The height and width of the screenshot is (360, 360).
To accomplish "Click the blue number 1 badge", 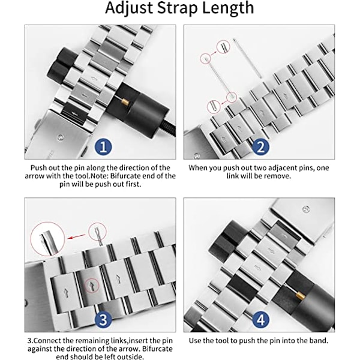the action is tap(103, 147).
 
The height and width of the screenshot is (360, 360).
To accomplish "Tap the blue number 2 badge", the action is tap(260, 147).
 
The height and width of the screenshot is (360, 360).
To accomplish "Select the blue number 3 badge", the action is tap(103, 319).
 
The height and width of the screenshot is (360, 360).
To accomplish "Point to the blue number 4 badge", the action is tap(260, 319).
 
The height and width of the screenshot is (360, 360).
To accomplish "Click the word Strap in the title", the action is tap(177, 8).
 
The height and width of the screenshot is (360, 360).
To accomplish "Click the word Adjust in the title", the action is tap(129, 8).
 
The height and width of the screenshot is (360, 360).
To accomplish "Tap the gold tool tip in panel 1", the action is tap(125, 101).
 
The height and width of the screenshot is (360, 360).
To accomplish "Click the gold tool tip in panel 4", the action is tap(300, 295).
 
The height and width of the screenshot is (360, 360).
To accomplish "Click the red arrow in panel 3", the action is tap(77, 237).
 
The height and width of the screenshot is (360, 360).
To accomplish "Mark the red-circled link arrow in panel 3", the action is tap(92, 286).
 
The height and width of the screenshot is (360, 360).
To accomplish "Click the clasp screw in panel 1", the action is tap(60, 137).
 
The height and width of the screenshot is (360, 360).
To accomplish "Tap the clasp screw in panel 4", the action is tap(306, 209).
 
